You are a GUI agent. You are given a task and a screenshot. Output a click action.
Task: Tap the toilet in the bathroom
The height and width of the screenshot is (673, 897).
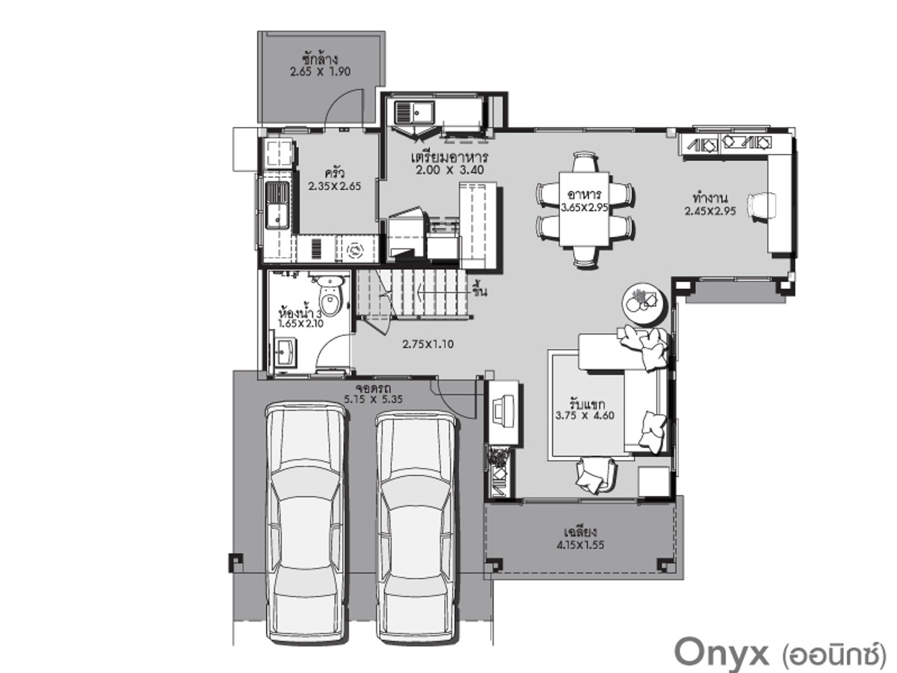point(330,297)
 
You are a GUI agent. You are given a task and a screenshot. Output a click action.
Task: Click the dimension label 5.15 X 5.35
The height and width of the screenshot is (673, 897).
point(373,399)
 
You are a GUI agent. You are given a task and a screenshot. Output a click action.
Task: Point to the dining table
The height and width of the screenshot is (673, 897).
point(584,209)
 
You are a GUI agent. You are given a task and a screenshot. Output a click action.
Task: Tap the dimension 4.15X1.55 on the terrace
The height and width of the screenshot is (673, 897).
point(580,545)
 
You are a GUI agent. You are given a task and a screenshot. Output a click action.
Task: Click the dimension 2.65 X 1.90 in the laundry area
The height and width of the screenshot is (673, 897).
point(320,72)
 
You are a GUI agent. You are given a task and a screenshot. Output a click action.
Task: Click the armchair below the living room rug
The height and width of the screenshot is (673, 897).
point(595,474)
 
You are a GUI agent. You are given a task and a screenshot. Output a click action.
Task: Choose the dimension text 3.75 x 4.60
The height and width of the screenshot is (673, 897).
point(585,416)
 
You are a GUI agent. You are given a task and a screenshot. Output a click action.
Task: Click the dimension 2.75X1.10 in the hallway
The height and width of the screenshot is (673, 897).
point(428,345)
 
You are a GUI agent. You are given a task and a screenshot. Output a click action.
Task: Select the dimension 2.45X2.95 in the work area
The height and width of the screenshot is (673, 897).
point(710,212)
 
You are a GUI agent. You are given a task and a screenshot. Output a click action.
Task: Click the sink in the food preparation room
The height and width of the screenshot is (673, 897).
point(414,111)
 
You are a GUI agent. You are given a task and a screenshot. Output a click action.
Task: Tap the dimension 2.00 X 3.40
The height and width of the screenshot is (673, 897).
point(450,170)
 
